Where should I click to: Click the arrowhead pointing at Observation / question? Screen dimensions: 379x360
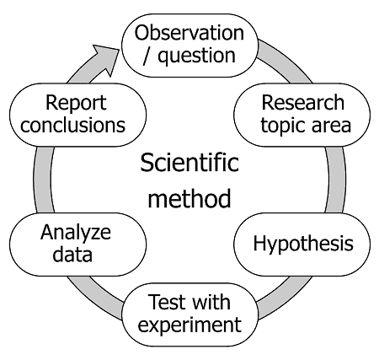pyautogui.click(x=108, y=58)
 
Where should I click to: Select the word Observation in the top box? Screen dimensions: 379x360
pyautogui.click(x=189, y=33)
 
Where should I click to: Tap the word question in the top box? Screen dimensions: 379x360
pyautogui.click(x=196, y=56)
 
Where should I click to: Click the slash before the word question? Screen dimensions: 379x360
pyautogui.click(x=147, y=56)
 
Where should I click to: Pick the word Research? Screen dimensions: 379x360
pyautogui.click(x=303, y=103)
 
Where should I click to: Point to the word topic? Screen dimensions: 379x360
pyautogui.click(x=283, y=125)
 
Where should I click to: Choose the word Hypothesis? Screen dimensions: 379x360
pyautogui.click(x=303, y=244)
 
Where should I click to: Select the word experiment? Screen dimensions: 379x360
pyautogui.click(x=189, y=325)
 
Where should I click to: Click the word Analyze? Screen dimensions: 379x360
pyautogui.click(x=76, y=233)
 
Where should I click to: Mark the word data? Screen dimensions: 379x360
pyautogui.click(x=72, y=255)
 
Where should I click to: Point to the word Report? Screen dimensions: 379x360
pyautogui.click(x=76, y=103)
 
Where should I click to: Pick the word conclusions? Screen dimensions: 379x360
pyautogui.click(x=72, y=125)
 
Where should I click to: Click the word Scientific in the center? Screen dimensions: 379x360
pyautogui.click(x=189, y=163)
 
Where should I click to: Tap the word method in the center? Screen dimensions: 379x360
pyautogui.click(x=189, y=199)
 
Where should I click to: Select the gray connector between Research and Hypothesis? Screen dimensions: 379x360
pyautogui.click(x=336, y=180)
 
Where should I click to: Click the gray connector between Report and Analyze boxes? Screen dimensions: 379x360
pyautogui.click(x=44, y=180)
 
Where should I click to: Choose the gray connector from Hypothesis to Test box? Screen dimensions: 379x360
pyautogui.click(x=284, y=298)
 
